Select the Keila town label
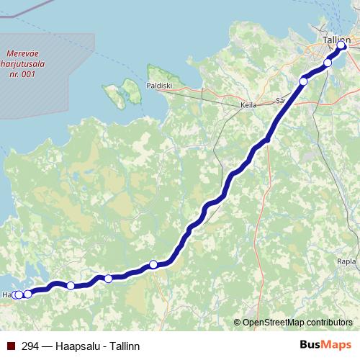pyautogui.click(x=248, y=104)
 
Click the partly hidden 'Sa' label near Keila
pyautogui.click(x=281, y=100)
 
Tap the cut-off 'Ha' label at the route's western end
pyautogui.click(x=6, y=295)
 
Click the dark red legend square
pyautogui.click(x=10, y=346)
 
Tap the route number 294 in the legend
pyautogui.click(x=30, y=346)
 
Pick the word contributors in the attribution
pyautogui.click(x=330, y=323)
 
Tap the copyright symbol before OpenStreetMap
pyautogui.click(x=238, y=323)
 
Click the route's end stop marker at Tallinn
pyautogui.click(x=342, y=47)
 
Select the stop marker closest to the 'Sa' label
pyautogui.click(x=303, y=81)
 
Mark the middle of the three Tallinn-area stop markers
pyautogui.click(x=328, y=63)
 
